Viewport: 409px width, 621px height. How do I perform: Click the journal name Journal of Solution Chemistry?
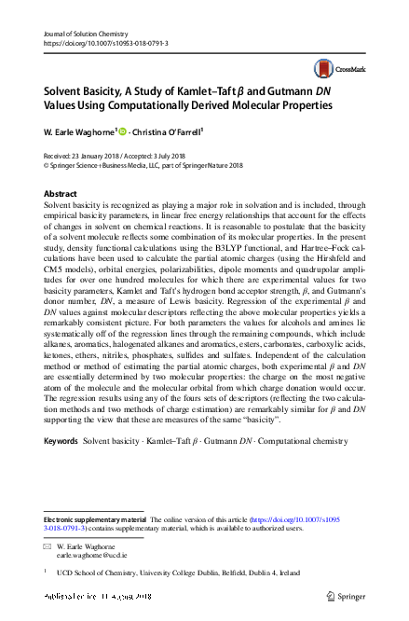pos(86,33)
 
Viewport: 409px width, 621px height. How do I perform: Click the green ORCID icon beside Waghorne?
pos(123,132)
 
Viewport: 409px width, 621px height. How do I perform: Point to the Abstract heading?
pos(61,193)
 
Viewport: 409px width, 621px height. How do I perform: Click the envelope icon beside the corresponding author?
pos(48,544)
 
